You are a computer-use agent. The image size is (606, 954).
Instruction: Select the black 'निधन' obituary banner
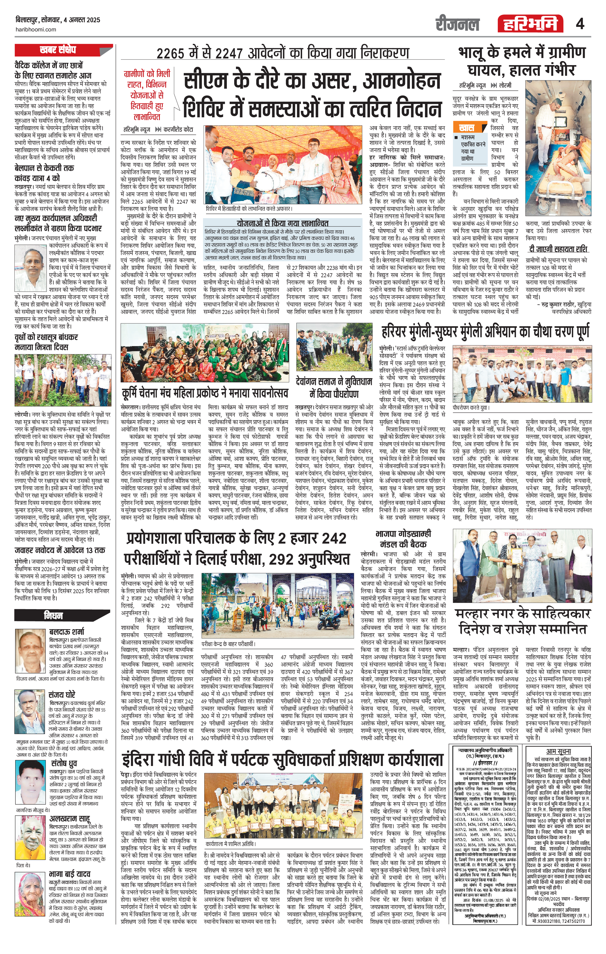pos(53,616)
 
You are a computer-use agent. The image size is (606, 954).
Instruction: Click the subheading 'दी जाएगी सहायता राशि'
pos(558,249)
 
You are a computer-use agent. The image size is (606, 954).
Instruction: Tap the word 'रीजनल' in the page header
pos(457,24)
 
